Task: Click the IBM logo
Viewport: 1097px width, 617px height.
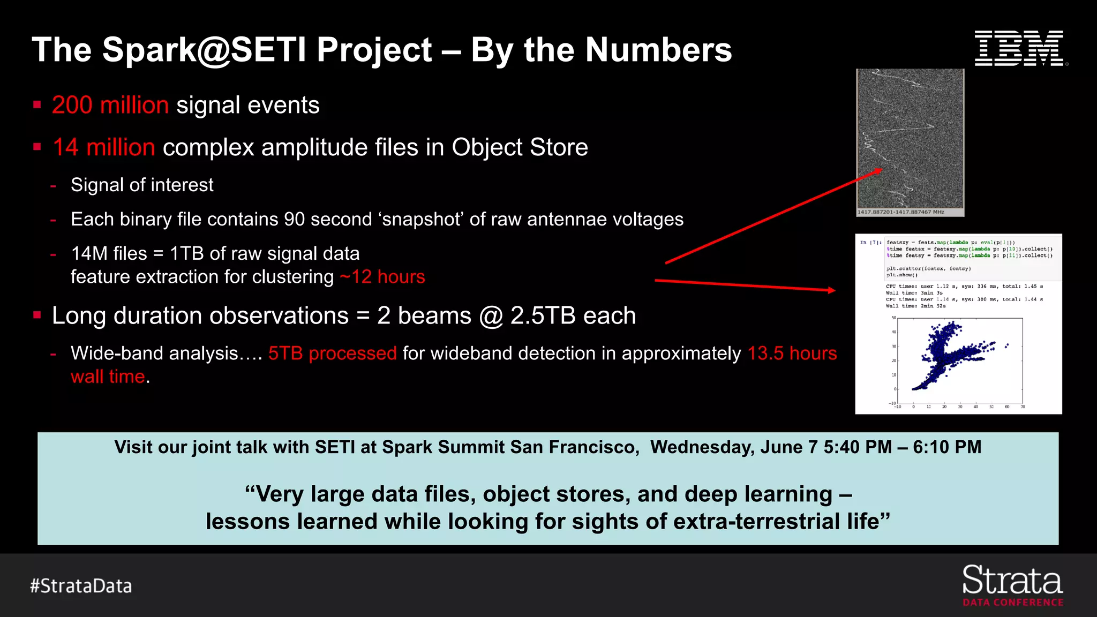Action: point(1019,49)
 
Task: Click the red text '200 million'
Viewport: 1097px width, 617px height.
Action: point(110,105)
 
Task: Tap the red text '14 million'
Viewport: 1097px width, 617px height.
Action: point(104,147)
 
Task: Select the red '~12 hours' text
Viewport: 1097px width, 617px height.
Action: point(382,277)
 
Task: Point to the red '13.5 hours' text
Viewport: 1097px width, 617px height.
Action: point(792,353)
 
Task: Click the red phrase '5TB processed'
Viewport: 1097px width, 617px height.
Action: point(332,353)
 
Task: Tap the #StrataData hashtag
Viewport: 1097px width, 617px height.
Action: point(81,586)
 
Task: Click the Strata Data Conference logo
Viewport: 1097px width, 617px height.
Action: point(1012,586)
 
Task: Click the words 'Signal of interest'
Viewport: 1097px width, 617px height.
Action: point(142,185)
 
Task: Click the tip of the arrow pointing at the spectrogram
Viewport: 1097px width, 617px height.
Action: point(881,169)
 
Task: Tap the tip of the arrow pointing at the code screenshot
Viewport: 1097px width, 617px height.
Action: point(835,290)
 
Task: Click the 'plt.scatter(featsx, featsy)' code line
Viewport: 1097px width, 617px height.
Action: point(928,268)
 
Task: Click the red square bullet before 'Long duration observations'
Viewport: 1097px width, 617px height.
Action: point(37,315)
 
